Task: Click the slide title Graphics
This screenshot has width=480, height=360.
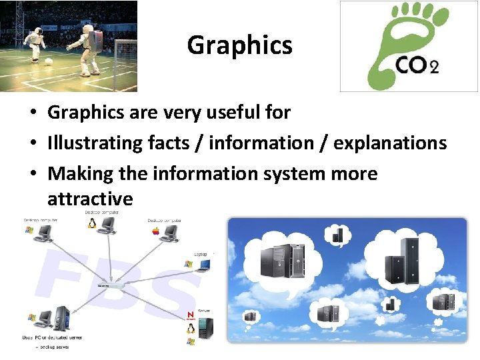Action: click(239, 45)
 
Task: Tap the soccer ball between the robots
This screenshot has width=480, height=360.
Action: click(49, 61)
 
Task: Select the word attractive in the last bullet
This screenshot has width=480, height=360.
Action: click(90, 199)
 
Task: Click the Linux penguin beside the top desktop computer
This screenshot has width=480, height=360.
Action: click(91, 223)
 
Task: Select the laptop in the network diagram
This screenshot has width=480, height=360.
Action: click(203, 265)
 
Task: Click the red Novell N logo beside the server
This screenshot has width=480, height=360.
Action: click(190, 315)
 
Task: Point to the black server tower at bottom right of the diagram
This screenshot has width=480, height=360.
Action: click(206, 327)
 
